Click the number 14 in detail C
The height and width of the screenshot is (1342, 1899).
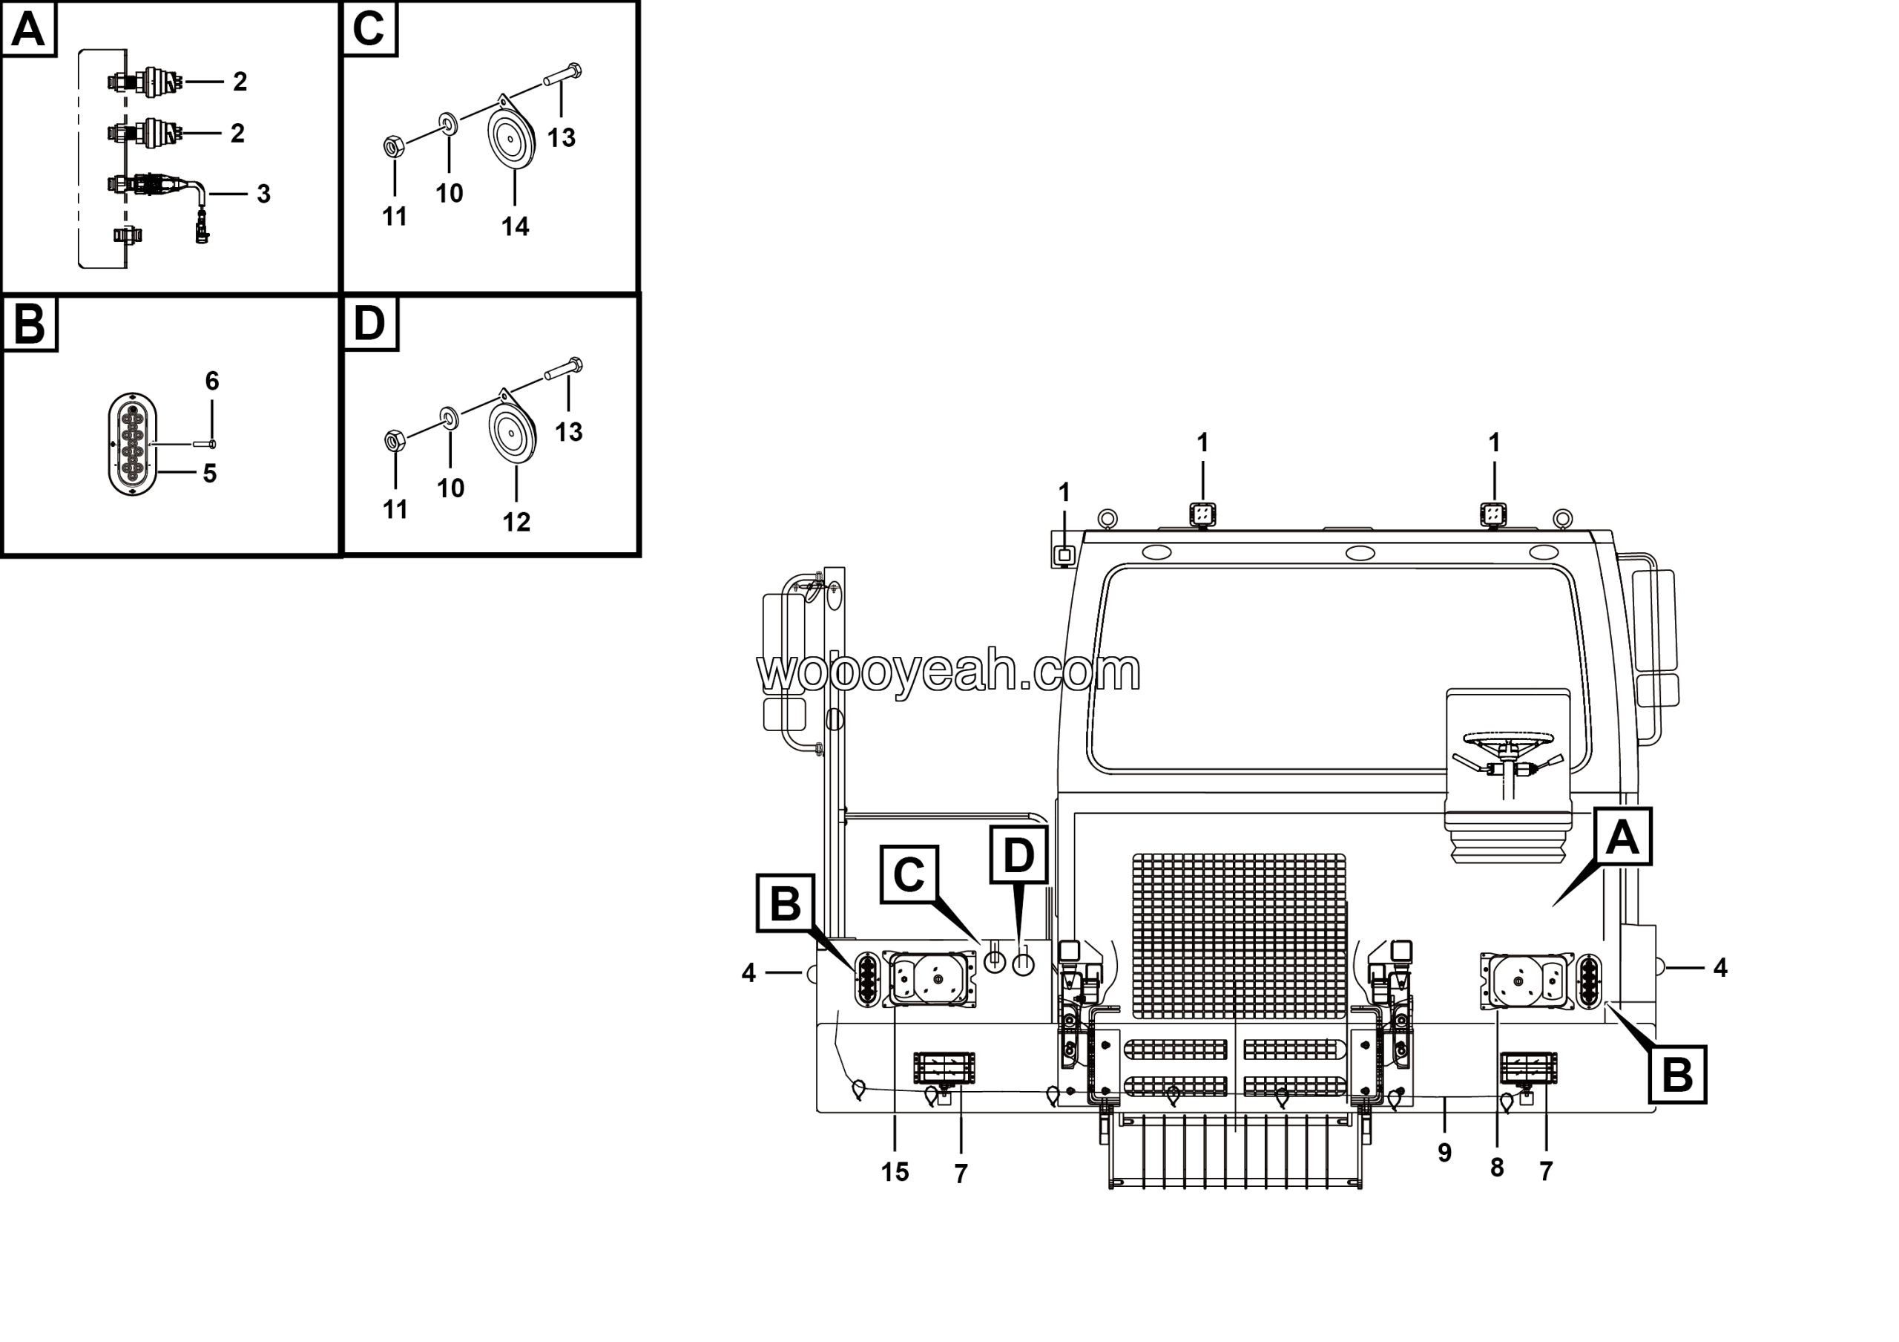pos(515,226)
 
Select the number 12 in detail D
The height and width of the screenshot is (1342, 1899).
pos(516,521)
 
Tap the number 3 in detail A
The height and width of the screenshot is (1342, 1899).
pos(263,194)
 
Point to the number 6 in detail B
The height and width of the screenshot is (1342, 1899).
pos(211,381)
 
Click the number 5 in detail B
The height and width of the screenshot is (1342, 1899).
pos(210,474)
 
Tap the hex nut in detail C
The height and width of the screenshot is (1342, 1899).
pos(394,147)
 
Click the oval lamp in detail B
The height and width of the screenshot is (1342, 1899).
pos(132,445)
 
